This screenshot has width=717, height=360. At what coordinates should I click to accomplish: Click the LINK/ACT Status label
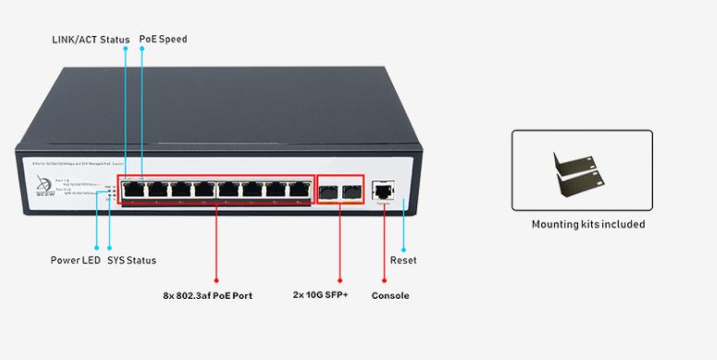pos(89,40)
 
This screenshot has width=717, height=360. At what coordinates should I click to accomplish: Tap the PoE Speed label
pos(163,40)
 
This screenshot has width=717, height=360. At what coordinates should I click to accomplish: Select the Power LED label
pos(75,260)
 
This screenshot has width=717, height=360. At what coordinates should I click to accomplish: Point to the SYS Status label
pos(132,260)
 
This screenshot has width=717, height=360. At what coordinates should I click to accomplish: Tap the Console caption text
pos(389,296)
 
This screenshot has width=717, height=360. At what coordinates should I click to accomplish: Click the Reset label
pos(402,260)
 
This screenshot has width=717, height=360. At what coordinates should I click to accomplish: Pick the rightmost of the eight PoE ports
pos(298,190)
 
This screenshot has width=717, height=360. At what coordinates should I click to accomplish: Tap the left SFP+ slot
pos(328,192)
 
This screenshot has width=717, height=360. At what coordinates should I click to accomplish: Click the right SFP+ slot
pos(351,192)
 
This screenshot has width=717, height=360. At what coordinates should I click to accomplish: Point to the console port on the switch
pos(382,191)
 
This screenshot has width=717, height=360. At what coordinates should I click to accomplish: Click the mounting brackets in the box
pos(582,172)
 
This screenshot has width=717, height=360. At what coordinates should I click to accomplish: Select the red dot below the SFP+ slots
pos(340,279)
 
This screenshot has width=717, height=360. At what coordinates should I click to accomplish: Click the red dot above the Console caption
pos(384,279)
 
